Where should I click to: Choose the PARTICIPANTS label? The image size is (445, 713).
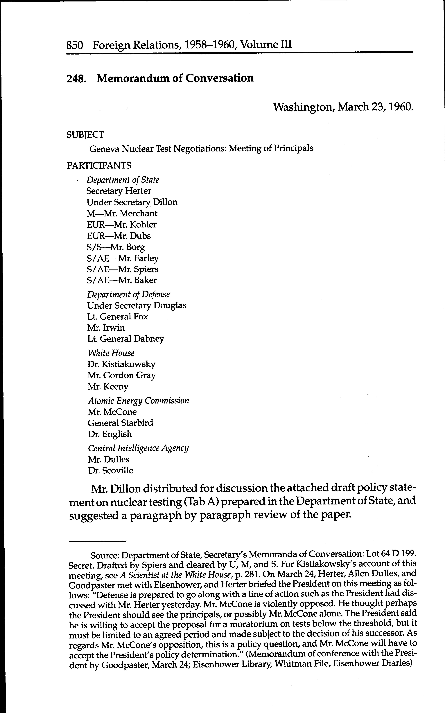click(99, 166)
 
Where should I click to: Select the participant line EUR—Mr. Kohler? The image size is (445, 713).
click(122, 225)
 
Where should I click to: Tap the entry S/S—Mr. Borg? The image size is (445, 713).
click(116, 247)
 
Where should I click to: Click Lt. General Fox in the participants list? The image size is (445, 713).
click(117, 317)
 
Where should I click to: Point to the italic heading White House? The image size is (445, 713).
click(111, 353)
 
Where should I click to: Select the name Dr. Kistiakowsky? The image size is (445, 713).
click(121, 364)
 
